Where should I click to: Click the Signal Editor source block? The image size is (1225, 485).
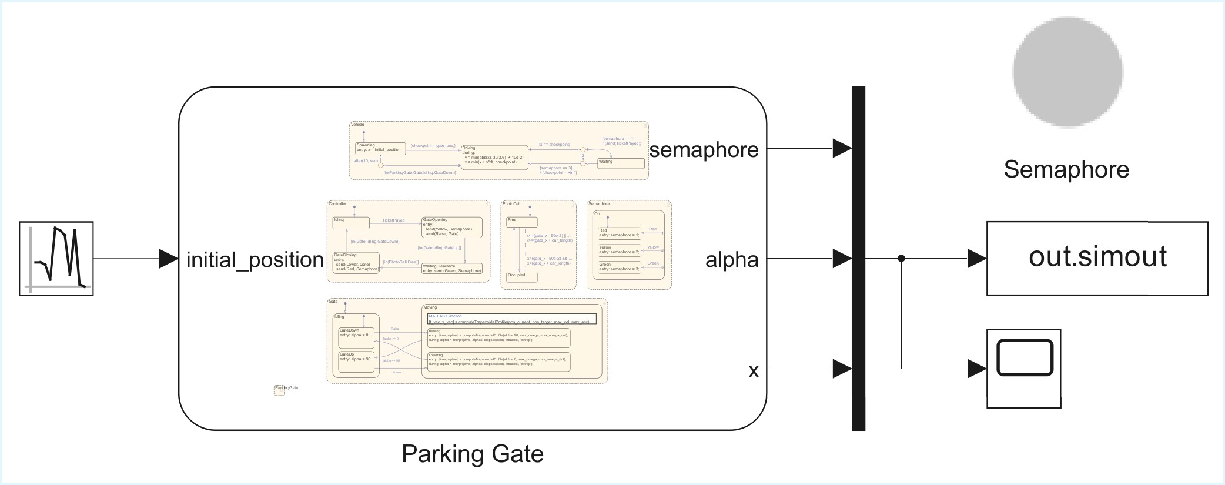click(x=56, y=259)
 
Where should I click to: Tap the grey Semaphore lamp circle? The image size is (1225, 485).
click(x=1067, y=72)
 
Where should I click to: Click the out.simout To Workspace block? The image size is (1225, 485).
click(x=1097, y=258)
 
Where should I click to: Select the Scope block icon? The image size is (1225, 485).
click(x=1023, y=368)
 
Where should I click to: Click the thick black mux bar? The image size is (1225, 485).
click(x=858, y=259)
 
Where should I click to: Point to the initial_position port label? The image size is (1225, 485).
click(x=255, y=260)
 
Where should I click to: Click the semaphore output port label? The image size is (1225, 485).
click(x=704, y=150)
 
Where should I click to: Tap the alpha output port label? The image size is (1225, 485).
click(x=731, y=260)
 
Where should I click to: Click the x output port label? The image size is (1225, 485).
click(x=753, y=370)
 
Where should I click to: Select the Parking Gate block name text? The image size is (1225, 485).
click(x=472, y=454)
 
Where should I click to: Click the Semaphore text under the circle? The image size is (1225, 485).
click(x=1066, y=169)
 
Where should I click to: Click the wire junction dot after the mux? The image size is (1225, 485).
click(x=901, y=259)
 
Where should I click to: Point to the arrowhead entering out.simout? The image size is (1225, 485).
click(x=976, y=259)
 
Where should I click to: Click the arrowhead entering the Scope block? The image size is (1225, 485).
click(x=976, y=369)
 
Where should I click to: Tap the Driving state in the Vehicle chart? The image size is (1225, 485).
click(x=494, y=158)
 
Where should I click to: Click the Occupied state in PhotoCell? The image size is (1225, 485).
click(x=521, y=277)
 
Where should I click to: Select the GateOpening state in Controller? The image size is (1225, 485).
click(x=451, y=227)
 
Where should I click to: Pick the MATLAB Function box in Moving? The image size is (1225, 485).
click(x=512, y=319)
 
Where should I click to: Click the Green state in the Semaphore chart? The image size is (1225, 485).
click(x=619, y=267)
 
